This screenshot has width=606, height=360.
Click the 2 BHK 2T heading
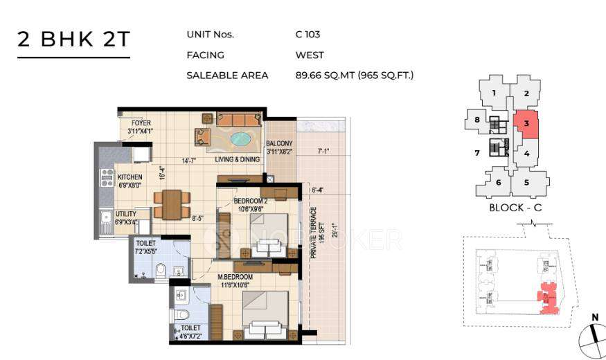coord(73,39)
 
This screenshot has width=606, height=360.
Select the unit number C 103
coord(308,34)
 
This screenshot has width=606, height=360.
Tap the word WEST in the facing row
coord(310,55)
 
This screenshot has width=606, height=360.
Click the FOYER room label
coord(141,124)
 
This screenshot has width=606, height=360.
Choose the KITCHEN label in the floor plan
coord(130,177)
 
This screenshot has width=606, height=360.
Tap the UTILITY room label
coord(127,215)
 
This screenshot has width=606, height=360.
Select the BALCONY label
coord(280,144)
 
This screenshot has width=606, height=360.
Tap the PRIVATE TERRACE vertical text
coord(313,232)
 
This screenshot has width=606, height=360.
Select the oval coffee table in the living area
coord(240,138)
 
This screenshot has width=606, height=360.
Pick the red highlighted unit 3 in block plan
coord(526,124)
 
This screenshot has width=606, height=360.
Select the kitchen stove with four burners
coord(107,178)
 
